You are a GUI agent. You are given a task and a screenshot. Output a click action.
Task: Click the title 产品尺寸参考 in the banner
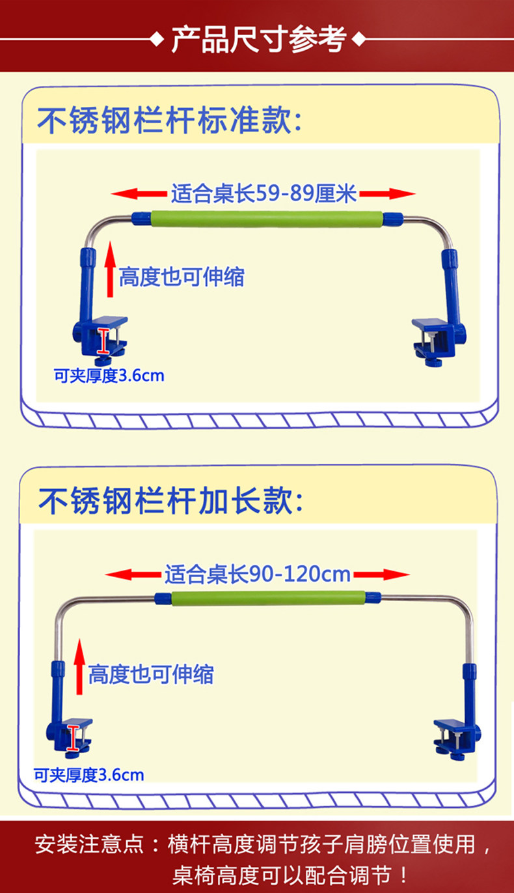click(x=258, y=40)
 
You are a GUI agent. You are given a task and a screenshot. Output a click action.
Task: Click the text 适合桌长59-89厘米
click(x=264, y=193)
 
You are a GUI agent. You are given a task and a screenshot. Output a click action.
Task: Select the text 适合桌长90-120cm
click(x=257, y=574)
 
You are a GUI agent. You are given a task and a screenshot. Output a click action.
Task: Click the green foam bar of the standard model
click(x=266, y=218)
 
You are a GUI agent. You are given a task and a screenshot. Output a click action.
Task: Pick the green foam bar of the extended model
click(x=267, y=597)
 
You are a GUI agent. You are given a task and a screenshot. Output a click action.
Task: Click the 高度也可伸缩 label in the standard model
click(x=182, y=277)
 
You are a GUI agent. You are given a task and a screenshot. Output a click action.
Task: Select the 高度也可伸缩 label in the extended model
click(x=150, y=673)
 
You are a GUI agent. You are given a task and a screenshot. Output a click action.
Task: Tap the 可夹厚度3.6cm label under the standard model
click(x=109, y=376)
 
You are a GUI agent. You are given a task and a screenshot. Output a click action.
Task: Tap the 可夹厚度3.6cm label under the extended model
click(x=88, y=775)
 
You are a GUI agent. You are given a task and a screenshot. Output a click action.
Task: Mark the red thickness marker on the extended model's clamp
click(x=72, y=739)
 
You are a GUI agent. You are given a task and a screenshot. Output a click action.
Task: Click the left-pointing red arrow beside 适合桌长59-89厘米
click(x=138, y=193)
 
